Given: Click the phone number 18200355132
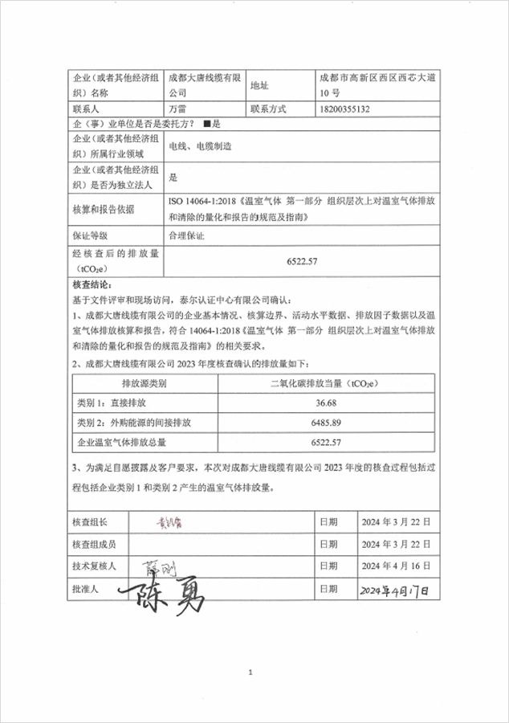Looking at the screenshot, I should click(344, 108).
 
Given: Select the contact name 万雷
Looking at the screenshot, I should click(177, 108).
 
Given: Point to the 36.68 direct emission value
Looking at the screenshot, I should click(326, 402).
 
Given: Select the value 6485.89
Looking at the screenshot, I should click(326, 423).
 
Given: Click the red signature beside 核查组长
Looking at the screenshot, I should click(170, 523).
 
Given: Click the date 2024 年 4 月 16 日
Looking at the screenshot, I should click(397, 566).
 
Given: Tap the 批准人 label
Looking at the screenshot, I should click(84, 589).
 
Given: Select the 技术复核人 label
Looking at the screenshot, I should click(94, 566).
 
